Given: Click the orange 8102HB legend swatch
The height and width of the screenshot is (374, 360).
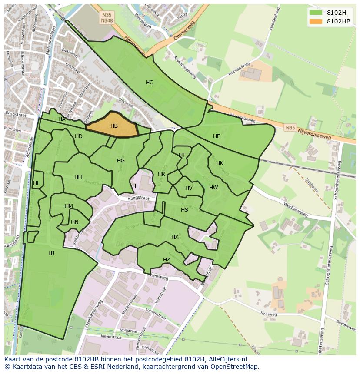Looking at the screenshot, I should [x=316, y=21].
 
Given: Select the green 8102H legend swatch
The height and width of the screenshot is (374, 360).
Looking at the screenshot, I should [x=316, y=12].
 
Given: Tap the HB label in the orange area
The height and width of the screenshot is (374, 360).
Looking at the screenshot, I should [x=114, y=126].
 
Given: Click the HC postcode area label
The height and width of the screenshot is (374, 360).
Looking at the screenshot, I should [x=149, y=83].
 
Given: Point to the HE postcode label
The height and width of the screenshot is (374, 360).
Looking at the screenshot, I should [x=217, y=136].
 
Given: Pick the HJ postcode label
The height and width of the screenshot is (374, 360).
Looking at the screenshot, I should [x=51, y=253].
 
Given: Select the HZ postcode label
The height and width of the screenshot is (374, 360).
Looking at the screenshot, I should [x=167, y=260].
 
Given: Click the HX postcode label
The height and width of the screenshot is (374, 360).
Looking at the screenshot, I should [x=175, y=237].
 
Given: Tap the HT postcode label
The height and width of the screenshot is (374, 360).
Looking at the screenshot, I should [x=182, y=155].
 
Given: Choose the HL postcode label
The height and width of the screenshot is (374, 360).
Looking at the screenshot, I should [x=36, y=183].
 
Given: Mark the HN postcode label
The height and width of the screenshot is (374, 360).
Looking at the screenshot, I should [x=75, y=222].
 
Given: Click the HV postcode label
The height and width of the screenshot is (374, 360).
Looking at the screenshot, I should [x=189, y=188].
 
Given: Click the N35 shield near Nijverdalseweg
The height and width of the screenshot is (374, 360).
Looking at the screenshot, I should [x=290, y=128].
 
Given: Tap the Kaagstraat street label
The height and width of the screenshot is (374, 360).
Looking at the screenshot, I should [x=139, y=198].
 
